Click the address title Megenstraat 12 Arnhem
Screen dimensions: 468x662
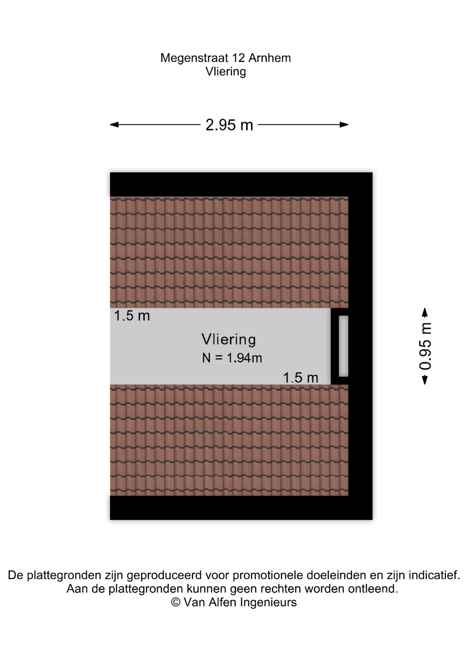coord(225,58)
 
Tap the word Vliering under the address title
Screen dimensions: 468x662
coord(226,72)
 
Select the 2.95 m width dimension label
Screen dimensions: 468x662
coord(229,125)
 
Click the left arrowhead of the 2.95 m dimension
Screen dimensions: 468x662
coord(114,125)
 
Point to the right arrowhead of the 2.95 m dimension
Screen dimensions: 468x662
coord(344,125)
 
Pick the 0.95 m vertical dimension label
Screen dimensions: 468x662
coord(426,346)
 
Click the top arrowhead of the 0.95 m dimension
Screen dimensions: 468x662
coord(425,312)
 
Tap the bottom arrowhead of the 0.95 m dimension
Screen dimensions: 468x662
coord(425,380)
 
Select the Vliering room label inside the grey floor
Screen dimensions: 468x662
coord(229,340)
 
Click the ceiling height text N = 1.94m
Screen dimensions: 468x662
coord(232,358)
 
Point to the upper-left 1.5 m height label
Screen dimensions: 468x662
coord(132,316)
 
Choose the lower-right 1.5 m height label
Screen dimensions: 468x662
coord(301,378)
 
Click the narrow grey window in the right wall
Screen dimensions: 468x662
coord(343,346)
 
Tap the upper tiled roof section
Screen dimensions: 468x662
coord(229,252)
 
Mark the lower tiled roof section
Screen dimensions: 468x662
coord(229,440)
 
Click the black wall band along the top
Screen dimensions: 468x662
coord(241,184)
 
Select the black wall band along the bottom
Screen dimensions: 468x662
coord(241,508)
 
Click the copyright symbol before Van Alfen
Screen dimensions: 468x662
coord(176,602)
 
